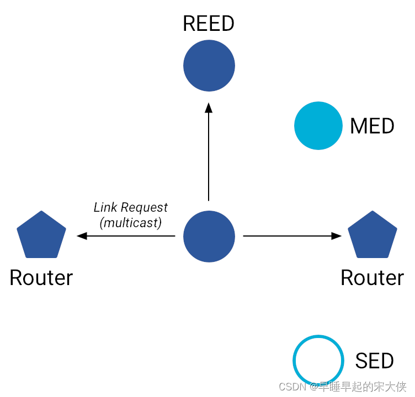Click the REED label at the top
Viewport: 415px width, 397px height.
pos(209,24)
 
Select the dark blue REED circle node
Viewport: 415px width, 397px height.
pos(209,66)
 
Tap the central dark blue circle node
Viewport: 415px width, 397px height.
pos(209,236)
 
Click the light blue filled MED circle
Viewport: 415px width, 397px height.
pos(318,126)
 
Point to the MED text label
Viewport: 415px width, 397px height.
pos(372,126)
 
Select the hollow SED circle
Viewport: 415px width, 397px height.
pos(318,360)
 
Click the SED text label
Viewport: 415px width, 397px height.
pos(374,361)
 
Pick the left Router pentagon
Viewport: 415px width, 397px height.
pos(41,235)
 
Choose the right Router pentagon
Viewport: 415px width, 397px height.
pos(373,235)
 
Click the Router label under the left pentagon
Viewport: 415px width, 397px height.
pos(41,277)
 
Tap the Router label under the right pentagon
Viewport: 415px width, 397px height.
pos(372,277)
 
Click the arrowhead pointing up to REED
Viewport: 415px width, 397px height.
pos(209,107)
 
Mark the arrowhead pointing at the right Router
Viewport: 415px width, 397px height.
pos(336,236)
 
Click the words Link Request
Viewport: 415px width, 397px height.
pos(131,208)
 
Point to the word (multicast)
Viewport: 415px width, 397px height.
pos(131,223)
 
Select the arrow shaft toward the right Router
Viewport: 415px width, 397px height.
pos(287,236)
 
